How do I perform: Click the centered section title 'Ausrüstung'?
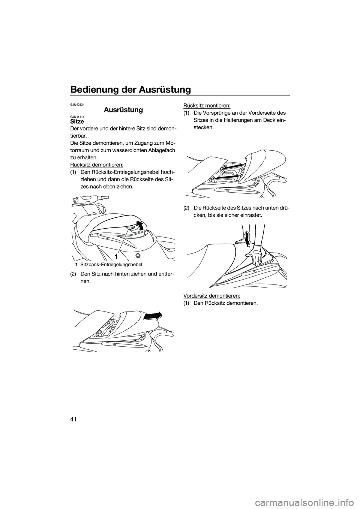click(123, 110)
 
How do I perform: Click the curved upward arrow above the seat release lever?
click(140, 226)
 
